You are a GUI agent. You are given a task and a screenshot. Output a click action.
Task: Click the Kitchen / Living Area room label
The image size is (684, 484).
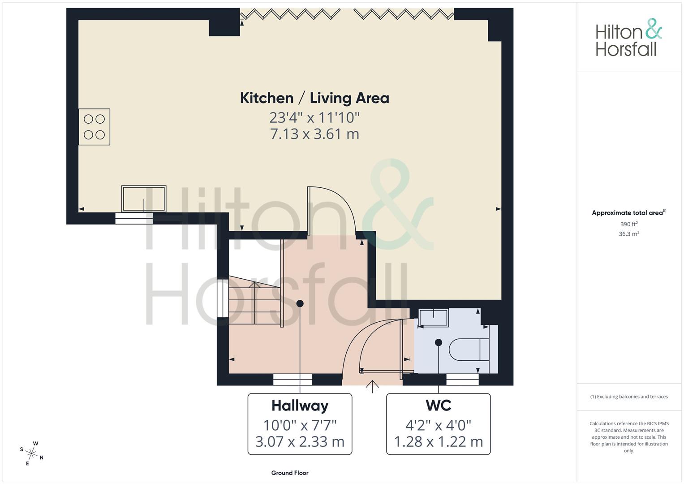coord(314,98)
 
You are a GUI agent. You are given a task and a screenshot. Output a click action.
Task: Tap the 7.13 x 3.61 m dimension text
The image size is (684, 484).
coord(314,134)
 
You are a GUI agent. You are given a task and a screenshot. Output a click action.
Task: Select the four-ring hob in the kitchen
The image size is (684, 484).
coord(94,127)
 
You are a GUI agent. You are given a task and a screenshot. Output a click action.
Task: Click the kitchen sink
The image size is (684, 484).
coord(144,199)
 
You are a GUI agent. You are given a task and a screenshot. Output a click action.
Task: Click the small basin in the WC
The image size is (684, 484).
coord(434,318)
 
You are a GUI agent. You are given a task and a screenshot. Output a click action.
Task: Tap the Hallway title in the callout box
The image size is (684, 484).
coord(300,406)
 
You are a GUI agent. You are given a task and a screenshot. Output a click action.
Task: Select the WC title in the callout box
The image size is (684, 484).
coord(439,406)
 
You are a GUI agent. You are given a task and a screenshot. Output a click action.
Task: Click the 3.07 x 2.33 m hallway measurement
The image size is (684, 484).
coord(300,442)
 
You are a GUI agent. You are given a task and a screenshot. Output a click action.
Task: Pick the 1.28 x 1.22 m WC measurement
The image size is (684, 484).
coord(439,442)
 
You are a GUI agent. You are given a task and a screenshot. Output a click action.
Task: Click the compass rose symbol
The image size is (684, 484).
coord(32,454)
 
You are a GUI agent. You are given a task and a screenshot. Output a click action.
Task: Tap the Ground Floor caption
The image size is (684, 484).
coord(290,473)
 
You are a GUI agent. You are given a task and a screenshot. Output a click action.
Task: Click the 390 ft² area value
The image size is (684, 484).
coord(629,224)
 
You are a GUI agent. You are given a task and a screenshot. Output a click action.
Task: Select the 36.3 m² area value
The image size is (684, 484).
coord(629,234)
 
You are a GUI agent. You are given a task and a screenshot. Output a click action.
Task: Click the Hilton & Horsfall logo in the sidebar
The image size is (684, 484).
coord(629,38)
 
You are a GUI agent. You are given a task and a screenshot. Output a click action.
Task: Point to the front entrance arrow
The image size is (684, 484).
coord(372,386)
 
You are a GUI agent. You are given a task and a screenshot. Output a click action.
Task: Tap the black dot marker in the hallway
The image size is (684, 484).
coord(300,303)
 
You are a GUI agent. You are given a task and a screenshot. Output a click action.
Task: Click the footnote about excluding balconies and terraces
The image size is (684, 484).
coord(629,397)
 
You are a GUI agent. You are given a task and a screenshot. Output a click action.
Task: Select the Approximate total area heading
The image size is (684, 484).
coord(629,213)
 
